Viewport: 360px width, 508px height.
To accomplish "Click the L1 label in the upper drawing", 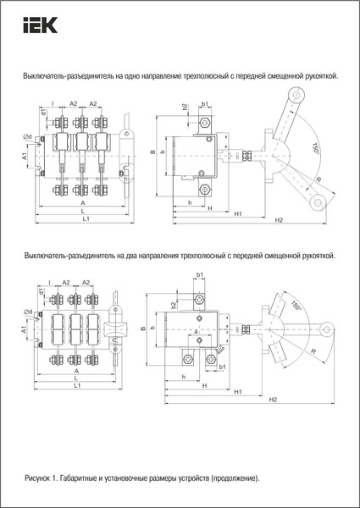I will pyautogui.click(x=85, y=220).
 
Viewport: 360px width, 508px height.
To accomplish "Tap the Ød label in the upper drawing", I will pyautogui.click(x=27, y=136).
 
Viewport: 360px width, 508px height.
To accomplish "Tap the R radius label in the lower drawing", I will pyautogui.click(x=313, y=351).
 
